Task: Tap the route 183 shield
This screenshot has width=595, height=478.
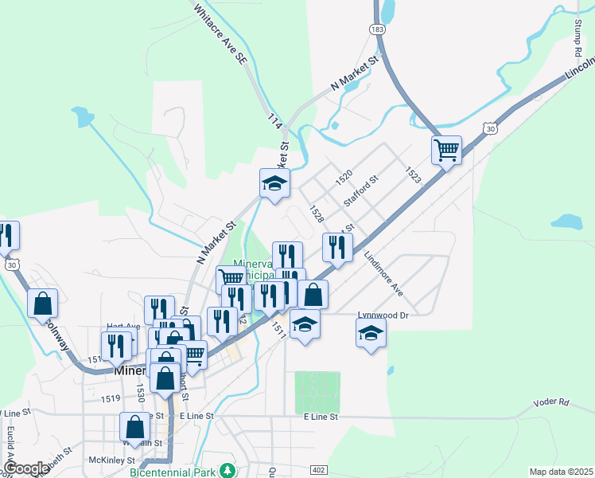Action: [x=377, y=29]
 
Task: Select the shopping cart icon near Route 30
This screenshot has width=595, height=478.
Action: [x=446, y=149]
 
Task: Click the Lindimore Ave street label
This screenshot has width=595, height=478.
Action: [x=384, y=275]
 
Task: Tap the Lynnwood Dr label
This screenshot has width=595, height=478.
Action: [x=382, y=315]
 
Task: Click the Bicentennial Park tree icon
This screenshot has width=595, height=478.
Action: [x=228, y=469]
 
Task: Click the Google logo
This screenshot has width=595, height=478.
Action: [x=25, y=468]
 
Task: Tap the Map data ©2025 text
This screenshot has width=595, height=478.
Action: [x=561, y=472]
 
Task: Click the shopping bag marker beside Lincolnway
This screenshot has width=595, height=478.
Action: [x=42, y=304]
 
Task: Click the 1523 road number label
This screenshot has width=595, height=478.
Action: [x=412, y=176]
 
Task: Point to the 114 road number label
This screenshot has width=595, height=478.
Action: [x=275, y=122]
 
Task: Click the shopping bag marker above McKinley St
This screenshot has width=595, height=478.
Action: [x=134, y=427]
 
